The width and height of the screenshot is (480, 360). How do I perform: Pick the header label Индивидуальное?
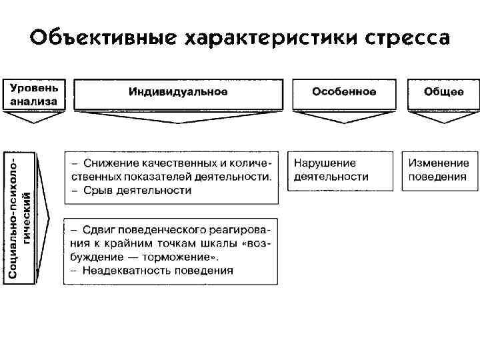point(178,92)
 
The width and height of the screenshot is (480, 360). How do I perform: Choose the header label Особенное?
point(344,92)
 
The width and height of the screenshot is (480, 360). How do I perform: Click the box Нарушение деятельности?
point(331,170)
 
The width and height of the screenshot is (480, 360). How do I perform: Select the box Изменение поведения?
point(439,170)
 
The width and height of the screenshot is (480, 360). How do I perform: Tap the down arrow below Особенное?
point(344,117)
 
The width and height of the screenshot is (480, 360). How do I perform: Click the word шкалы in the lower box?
point(207,243)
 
